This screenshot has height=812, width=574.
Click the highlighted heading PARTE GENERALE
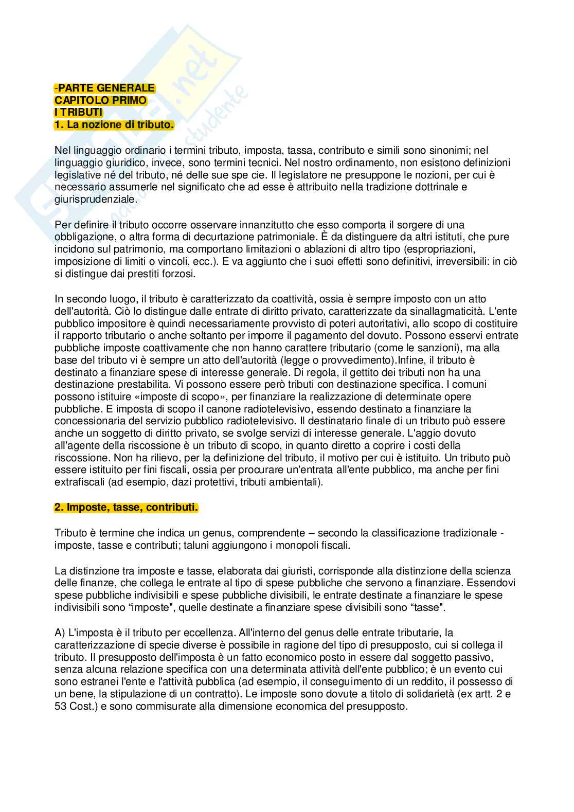coord(106,88)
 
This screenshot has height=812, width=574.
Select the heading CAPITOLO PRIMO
coord(100,100)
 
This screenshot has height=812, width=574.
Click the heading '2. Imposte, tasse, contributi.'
coord(126,508)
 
